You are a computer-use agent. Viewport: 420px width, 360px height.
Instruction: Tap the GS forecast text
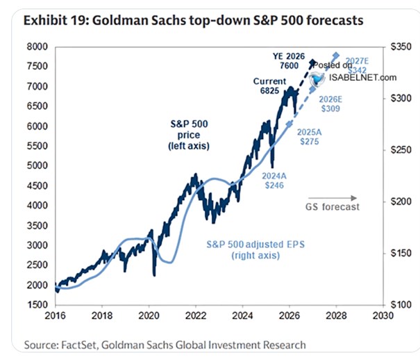point(332,206)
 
